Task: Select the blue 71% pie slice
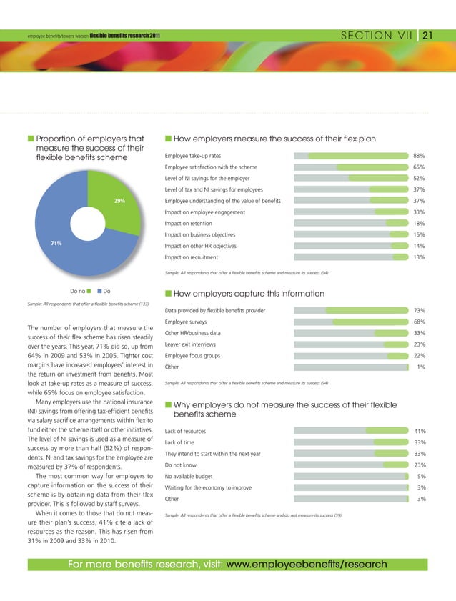point(64,229)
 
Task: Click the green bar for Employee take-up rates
point(357,155)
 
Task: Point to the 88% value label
point(420,155)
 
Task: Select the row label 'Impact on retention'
point(189,224)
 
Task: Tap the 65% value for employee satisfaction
point(420,167)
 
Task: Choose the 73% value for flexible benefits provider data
point(420,310)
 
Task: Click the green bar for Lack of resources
point(387,431)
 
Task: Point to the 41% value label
point(420,431)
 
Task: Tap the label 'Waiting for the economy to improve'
point(207,487)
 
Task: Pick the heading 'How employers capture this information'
point(249,294)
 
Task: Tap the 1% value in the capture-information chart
point(421,367)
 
